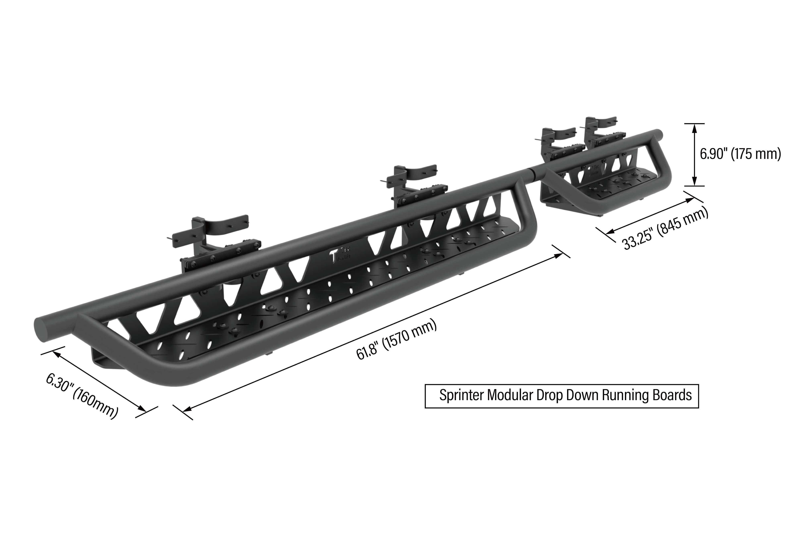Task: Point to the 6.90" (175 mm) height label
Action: (740, 154)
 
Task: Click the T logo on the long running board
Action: (333, 256)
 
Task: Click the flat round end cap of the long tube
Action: (41, 330)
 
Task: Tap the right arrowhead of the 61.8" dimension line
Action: (558, 255)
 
